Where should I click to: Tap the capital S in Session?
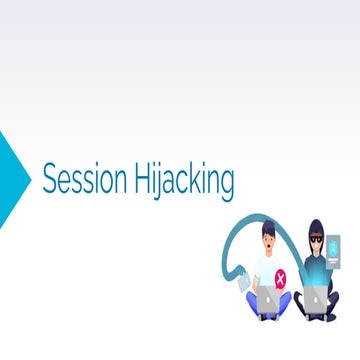point(48,180)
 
